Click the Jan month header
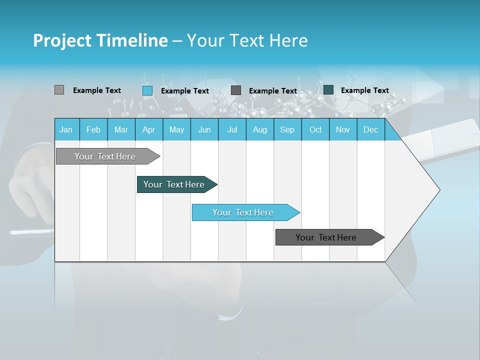pyautogui.click(x=66, y=129)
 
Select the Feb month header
pyautogui.click(x=93, y=129)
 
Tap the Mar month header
pyautogui.click(x=121, y=129)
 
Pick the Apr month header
pyautogui.click(x=149, y=129)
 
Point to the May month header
pyautogui.click(x=176, y=129)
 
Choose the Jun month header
pyautogui.click(x=204, y=129)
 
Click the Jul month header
pyautogui.click(x=232, y=129)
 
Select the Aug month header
pyautogui.click(x=260, y=129)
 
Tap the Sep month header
pyautogui.click(x=287, y=129)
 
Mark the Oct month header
pyautogui.click(x=315, y=129)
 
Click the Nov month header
pyautogui.click(x=343, y=129)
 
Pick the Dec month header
pyautogui.click(x=371, y=129)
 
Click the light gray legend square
pyautogui.click(x=59, y=90)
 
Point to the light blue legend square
pyautogui.click(x=147, y=90)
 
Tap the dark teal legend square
pyautogui.click(x=328, y=90)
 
